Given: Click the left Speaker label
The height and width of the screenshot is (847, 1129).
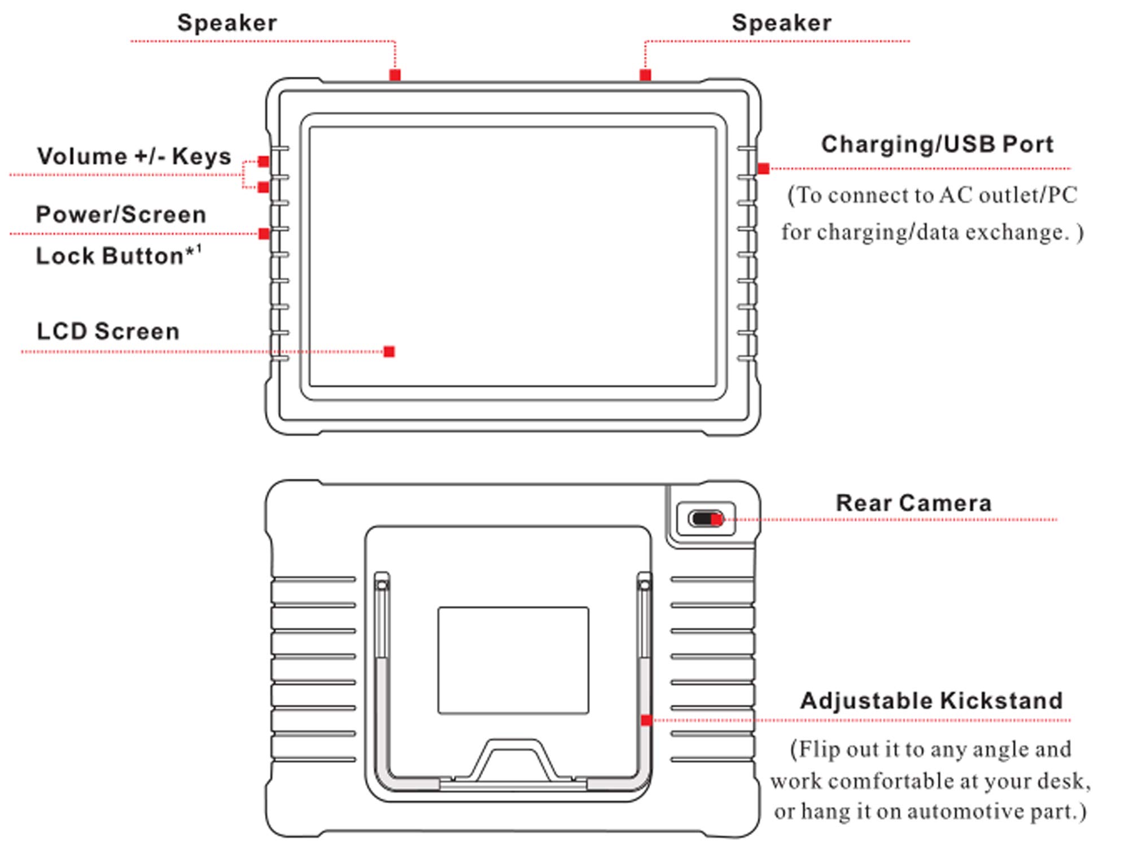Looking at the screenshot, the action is (x=227, y=23).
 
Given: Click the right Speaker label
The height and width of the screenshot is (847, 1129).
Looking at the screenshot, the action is (x=782, y=23).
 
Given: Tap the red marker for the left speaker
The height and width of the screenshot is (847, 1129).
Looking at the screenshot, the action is (x=395, y=75).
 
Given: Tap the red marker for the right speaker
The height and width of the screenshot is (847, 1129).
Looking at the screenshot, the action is (x=645, y=75).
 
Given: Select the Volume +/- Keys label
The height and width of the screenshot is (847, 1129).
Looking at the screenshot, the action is (x=134, y=156).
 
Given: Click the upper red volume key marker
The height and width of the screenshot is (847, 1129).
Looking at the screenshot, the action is (x=263, y=161).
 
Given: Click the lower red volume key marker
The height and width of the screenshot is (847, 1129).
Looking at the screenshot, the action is (x=263, y=187).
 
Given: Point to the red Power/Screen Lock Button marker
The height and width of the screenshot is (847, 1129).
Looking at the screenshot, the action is (x=264, y=234).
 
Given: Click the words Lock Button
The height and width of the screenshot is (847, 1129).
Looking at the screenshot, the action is (x=110, y=256).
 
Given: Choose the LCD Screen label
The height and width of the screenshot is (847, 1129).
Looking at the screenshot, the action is (x=108, y=331).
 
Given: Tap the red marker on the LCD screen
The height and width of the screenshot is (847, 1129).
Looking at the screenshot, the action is (x=389, y=352).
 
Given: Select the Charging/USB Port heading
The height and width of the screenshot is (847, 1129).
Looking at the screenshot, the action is (x=937, y=145).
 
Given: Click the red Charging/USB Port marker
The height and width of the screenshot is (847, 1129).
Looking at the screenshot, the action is (x=763, y=168).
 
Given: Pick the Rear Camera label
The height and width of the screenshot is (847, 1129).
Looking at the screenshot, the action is (x=913, y=503).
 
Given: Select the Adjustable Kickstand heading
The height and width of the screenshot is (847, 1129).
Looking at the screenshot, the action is (x=931, y=701).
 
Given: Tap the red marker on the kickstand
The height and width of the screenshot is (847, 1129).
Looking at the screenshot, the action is (x=646, y=720).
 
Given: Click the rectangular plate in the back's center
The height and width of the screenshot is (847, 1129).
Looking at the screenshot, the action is (x=513, y=661).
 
